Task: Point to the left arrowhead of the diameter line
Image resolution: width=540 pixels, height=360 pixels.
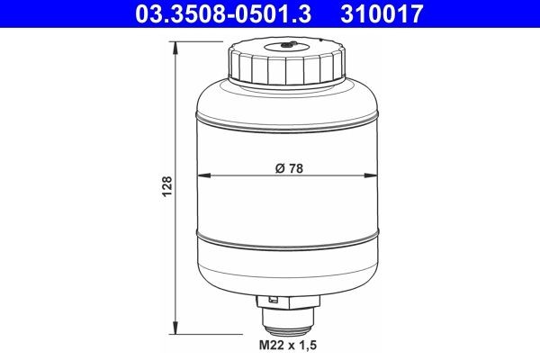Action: (202, 175)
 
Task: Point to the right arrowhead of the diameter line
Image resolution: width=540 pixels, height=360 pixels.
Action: (373, 175)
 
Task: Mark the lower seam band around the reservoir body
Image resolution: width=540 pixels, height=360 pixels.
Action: (288, 237)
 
